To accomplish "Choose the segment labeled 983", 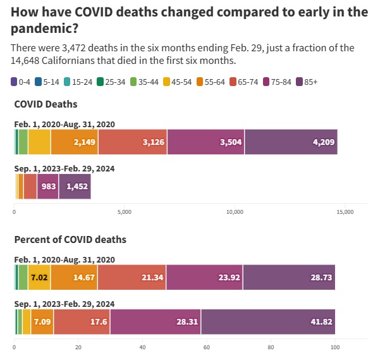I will point(48,187).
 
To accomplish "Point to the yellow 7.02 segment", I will point(39,277).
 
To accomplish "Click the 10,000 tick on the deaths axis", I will point(235,212).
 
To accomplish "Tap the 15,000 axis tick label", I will point(345,212).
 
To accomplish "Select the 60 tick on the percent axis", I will point(207,347).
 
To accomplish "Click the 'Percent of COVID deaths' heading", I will point(70,240).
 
